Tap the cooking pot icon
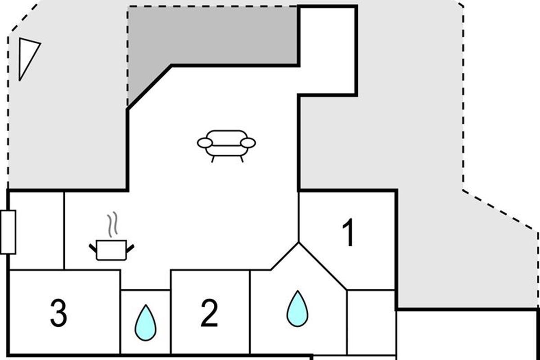click(x=112, y=250)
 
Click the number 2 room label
click(x=209, y=313)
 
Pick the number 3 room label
click(x=58, y=313)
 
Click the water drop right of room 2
click(x=297, y=309)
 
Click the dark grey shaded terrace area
click(x=211, y=36)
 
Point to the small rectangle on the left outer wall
click(x=8, y=232)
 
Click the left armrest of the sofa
click(x=205, y=143)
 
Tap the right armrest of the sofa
click(x=248, y=143)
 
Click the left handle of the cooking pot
click(x=93, y=247)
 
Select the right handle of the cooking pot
click(x=130, y=247)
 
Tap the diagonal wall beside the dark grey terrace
click(x=149, y=87)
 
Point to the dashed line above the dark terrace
click(x=211, y=7)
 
